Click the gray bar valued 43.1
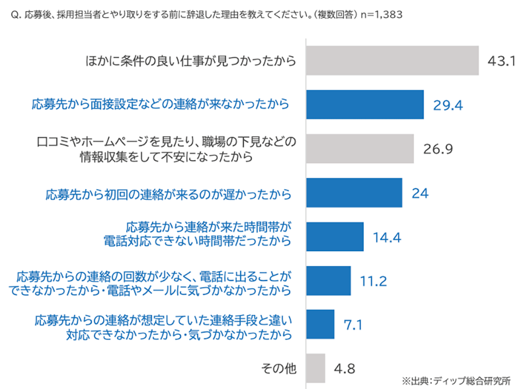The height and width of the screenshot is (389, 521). tap(392, 61)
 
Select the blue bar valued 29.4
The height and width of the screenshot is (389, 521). tap(365, 105)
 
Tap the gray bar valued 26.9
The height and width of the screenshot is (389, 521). tap(360, 149)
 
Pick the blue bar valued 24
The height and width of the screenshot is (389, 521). tap(354, 193)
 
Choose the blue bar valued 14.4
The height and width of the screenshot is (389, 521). tap(334, 237)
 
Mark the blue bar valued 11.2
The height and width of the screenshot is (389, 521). tap(328, 281)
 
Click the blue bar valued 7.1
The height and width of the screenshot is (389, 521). tap(320, 325)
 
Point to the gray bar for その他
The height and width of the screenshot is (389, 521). tap(316, 368)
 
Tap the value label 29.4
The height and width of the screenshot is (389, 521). tap(448, 105)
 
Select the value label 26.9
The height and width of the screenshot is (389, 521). tap(438, 149)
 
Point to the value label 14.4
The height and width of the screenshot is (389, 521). tap(387, 237)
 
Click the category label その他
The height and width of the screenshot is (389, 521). tap(279, 369)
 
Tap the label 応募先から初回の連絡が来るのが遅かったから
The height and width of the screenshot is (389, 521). tap(168, 194)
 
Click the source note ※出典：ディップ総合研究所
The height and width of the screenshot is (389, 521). tap(457, 380)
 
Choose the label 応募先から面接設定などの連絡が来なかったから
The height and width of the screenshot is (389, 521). tap(160, 105)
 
